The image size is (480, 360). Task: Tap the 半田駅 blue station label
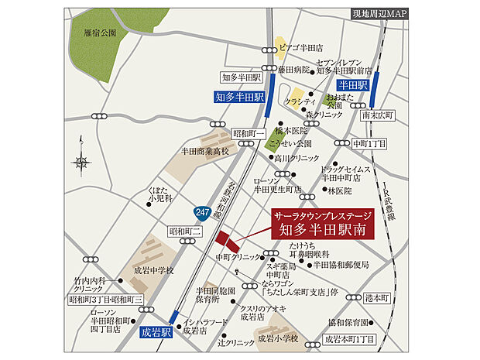[x=351, y=84]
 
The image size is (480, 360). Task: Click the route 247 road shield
[x=201, y=210]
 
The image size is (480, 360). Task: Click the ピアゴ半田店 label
[x=307, y=46]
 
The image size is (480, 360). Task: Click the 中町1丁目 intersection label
[x=370, y=144]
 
